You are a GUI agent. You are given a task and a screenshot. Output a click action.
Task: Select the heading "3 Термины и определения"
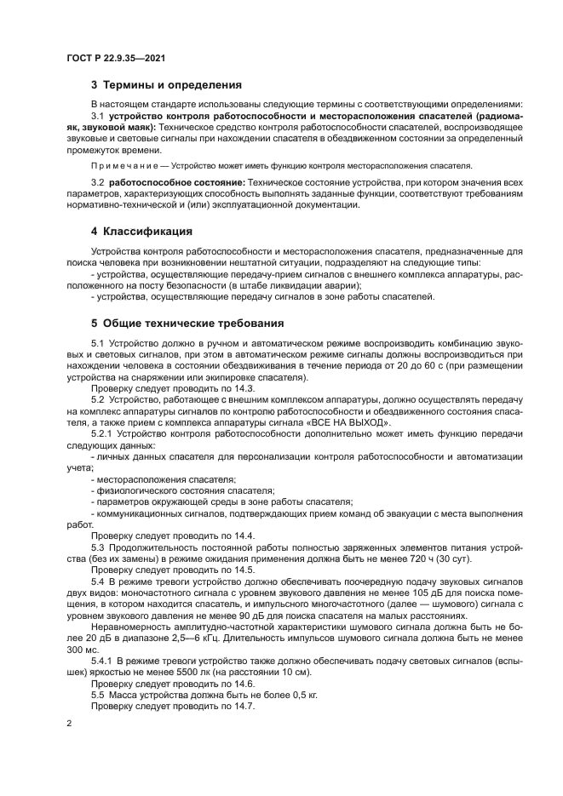pos(166,84)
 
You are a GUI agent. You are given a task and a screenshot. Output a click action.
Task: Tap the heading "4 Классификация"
pos(141,232)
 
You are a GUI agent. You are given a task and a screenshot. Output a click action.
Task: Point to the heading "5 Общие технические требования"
pos(187,324)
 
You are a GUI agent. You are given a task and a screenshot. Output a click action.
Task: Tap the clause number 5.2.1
pos(103,434)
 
